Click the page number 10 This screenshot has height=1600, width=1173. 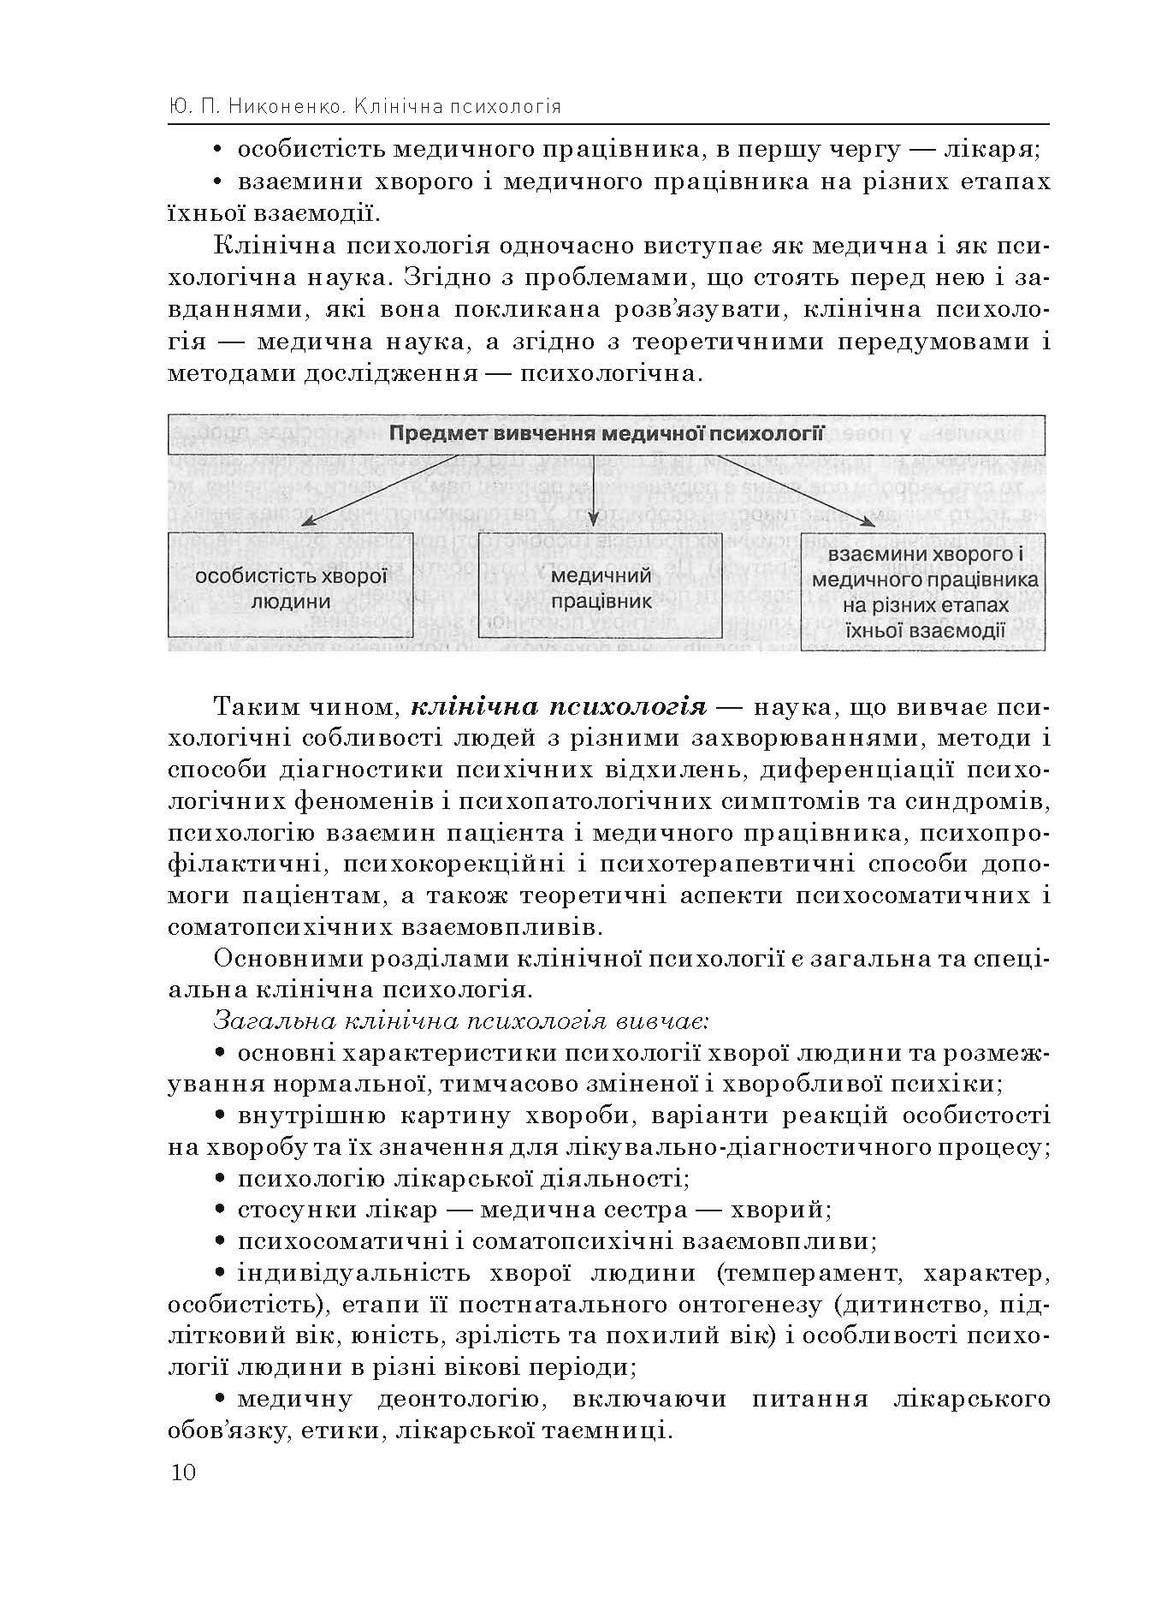click(x=183, y=1472)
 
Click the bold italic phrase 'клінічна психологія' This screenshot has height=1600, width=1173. click(x=558, y=708)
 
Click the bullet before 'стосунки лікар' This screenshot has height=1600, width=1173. click(x=221, y=1210)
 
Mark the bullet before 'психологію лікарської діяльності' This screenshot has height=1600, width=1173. click(x=221, y=1179)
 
